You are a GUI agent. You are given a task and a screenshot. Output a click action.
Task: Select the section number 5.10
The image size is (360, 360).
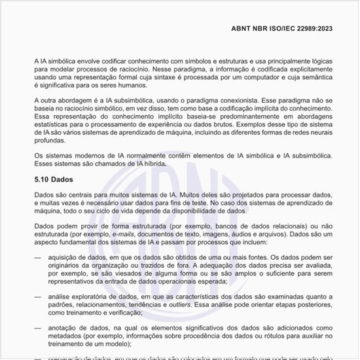(43, 179)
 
